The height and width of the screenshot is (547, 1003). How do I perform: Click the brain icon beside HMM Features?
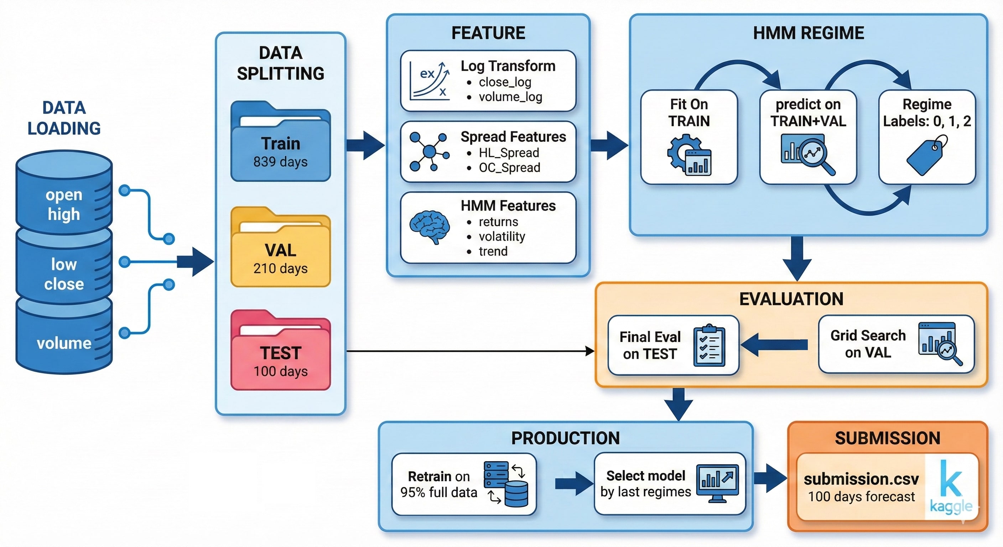click(x=429, y=227)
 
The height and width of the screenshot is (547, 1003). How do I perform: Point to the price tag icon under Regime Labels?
click(x=926, y=155)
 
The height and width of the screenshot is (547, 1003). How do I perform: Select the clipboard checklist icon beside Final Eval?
click(x=709, y=346)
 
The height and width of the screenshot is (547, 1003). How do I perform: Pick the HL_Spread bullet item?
click(x=509, y=153)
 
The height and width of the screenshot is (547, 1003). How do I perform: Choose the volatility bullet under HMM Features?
click(x=501, y=236)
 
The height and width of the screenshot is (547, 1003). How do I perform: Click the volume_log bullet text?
click(x=510, y=97)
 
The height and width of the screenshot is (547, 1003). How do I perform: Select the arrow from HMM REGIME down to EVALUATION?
click(x=797, y=258)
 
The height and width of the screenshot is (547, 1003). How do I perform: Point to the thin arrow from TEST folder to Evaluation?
click(x=467, y=351)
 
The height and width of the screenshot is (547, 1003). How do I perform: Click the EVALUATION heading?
click(x=791, y=299)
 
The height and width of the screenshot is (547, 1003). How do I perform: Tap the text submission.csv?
click(x=861, y=479)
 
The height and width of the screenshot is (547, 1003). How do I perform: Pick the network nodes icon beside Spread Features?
click(x=429, y=151)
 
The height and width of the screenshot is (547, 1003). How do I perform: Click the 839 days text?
click(x=280, y=162)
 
